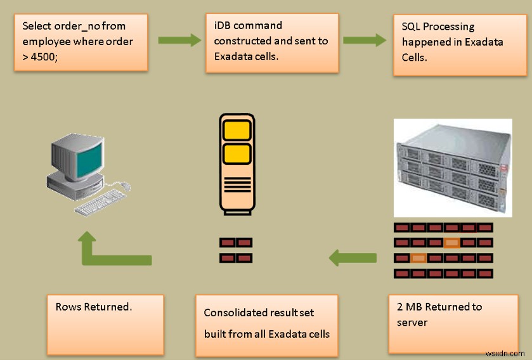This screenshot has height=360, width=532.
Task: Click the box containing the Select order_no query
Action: (x=81, y=43)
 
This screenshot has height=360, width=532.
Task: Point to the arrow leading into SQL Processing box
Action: (x=365, y=41)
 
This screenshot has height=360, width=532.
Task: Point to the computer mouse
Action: (x=125, y=186)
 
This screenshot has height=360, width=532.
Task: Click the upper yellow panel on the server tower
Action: (x=237, y=130)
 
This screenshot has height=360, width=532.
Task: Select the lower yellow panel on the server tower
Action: (x=237, y=153)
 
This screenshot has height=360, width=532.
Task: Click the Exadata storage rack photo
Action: (x=451, y=168)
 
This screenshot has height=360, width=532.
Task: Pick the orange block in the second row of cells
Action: (x=451, y=242)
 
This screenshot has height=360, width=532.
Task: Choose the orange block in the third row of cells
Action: (x=418, y=257)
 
